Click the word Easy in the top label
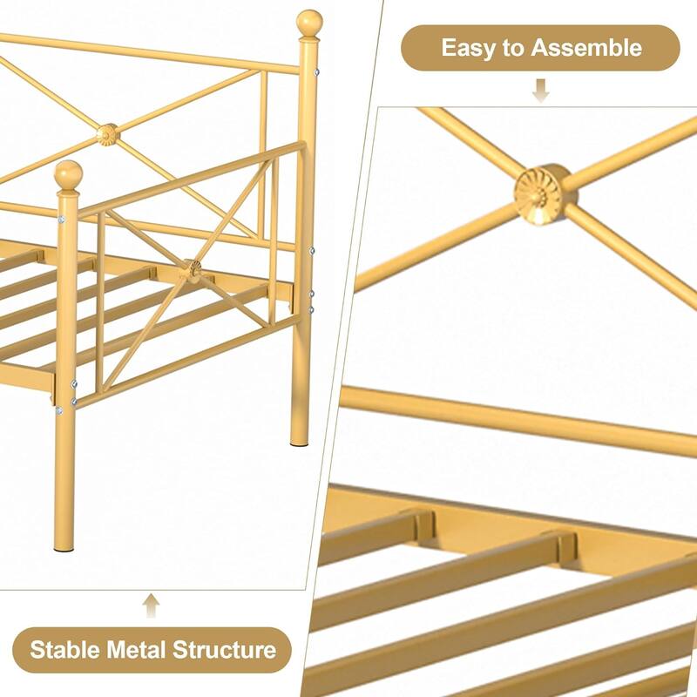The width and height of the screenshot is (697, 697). point(468,48)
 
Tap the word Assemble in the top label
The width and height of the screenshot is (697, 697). point(586,47)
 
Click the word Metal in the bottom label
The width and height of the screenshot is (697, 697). point(137,649)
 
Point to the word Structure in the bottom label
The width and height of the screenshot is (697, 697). point(225,649)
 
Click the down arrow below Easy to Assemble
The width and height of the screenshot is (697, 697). point(540,91)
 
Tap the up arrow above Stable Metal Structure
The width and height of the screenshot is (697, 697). point(151,605)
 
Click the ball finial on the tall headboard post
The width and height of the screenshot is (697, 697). point(310,23)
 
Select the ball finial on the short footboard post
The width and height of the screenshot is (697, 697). point(69,174)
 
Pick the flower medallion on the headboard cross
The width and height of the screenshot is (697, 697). point(107,135)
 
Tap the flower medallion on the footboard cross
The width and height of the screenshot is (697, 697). point(193,269)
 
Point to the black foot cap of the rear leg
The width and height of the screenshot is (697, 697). point(299,443)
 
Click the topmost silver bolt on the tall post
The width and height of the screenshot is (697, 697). point(316,72)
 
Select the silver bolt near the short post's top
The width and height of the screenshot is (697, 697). point(61,220)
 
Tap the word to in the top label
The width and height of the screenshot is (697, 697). point(513,48)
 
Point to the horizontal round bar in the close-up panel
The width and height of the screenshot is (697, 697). point(518,419)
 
